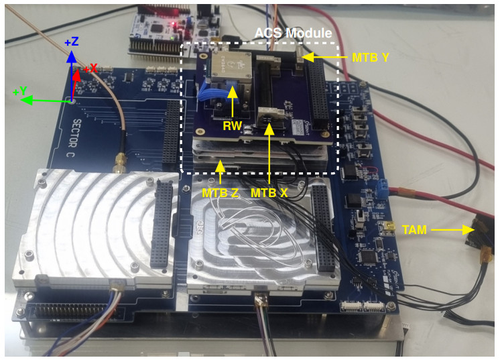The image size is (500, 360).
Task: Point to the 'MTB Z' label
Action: pos(220,192)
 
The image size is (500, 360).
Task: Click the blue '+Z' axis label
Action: pos(72,42)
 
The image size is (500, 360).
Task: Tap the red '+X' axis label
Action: pos(90,68)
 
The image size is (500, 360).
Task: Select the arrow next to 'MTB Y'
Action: pos(326,58)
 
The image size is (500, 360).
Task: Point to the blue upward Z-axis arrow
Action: pos(72,74)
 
